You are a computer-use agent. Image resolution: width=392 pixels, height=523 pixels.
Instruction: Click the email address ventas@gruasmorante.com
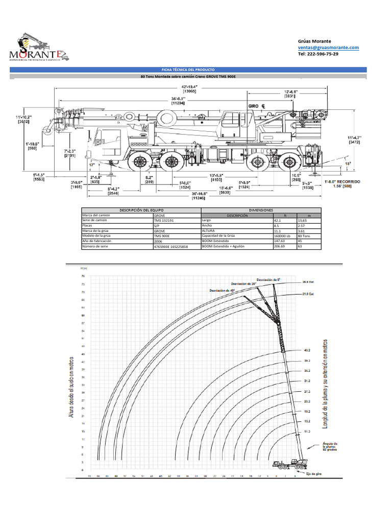pos(328,47)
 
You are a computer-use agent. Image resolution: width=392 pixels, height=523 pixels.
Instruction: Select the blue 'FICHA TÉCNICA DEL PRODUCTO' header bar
pos(188,69)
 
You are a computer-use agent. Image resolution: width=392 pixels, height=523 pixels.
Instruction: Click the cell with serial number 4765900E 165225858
pos(170,247)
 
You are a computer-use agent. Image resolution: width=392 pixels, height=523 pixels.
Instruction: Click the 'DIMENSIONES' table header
pos(261,210)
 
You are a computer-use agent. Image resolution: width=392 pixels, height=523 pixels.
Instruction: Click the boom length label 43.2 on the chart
pos(307,351)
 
